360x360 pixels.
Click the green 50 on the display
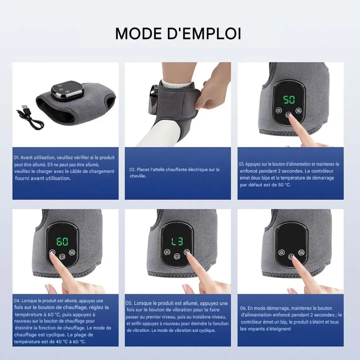289,100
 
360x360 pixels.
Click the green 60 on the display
62,242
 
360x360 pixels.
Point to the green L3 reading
177,242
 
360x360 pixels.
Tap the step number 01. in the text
17,158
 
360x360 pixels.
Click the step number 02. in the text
132,170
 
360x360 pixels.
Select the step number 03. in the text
242,164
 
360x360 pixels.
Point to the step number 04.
17,301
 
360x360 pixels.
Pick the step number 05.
129,303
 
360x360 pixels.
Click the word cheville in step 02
138,176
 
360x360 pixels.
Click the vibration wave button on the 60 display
72,252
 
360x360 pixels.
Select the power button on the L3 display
177,256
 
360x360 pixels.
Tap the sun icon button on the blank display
281,253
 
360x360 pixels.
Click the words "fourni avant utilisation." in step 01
43,178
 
